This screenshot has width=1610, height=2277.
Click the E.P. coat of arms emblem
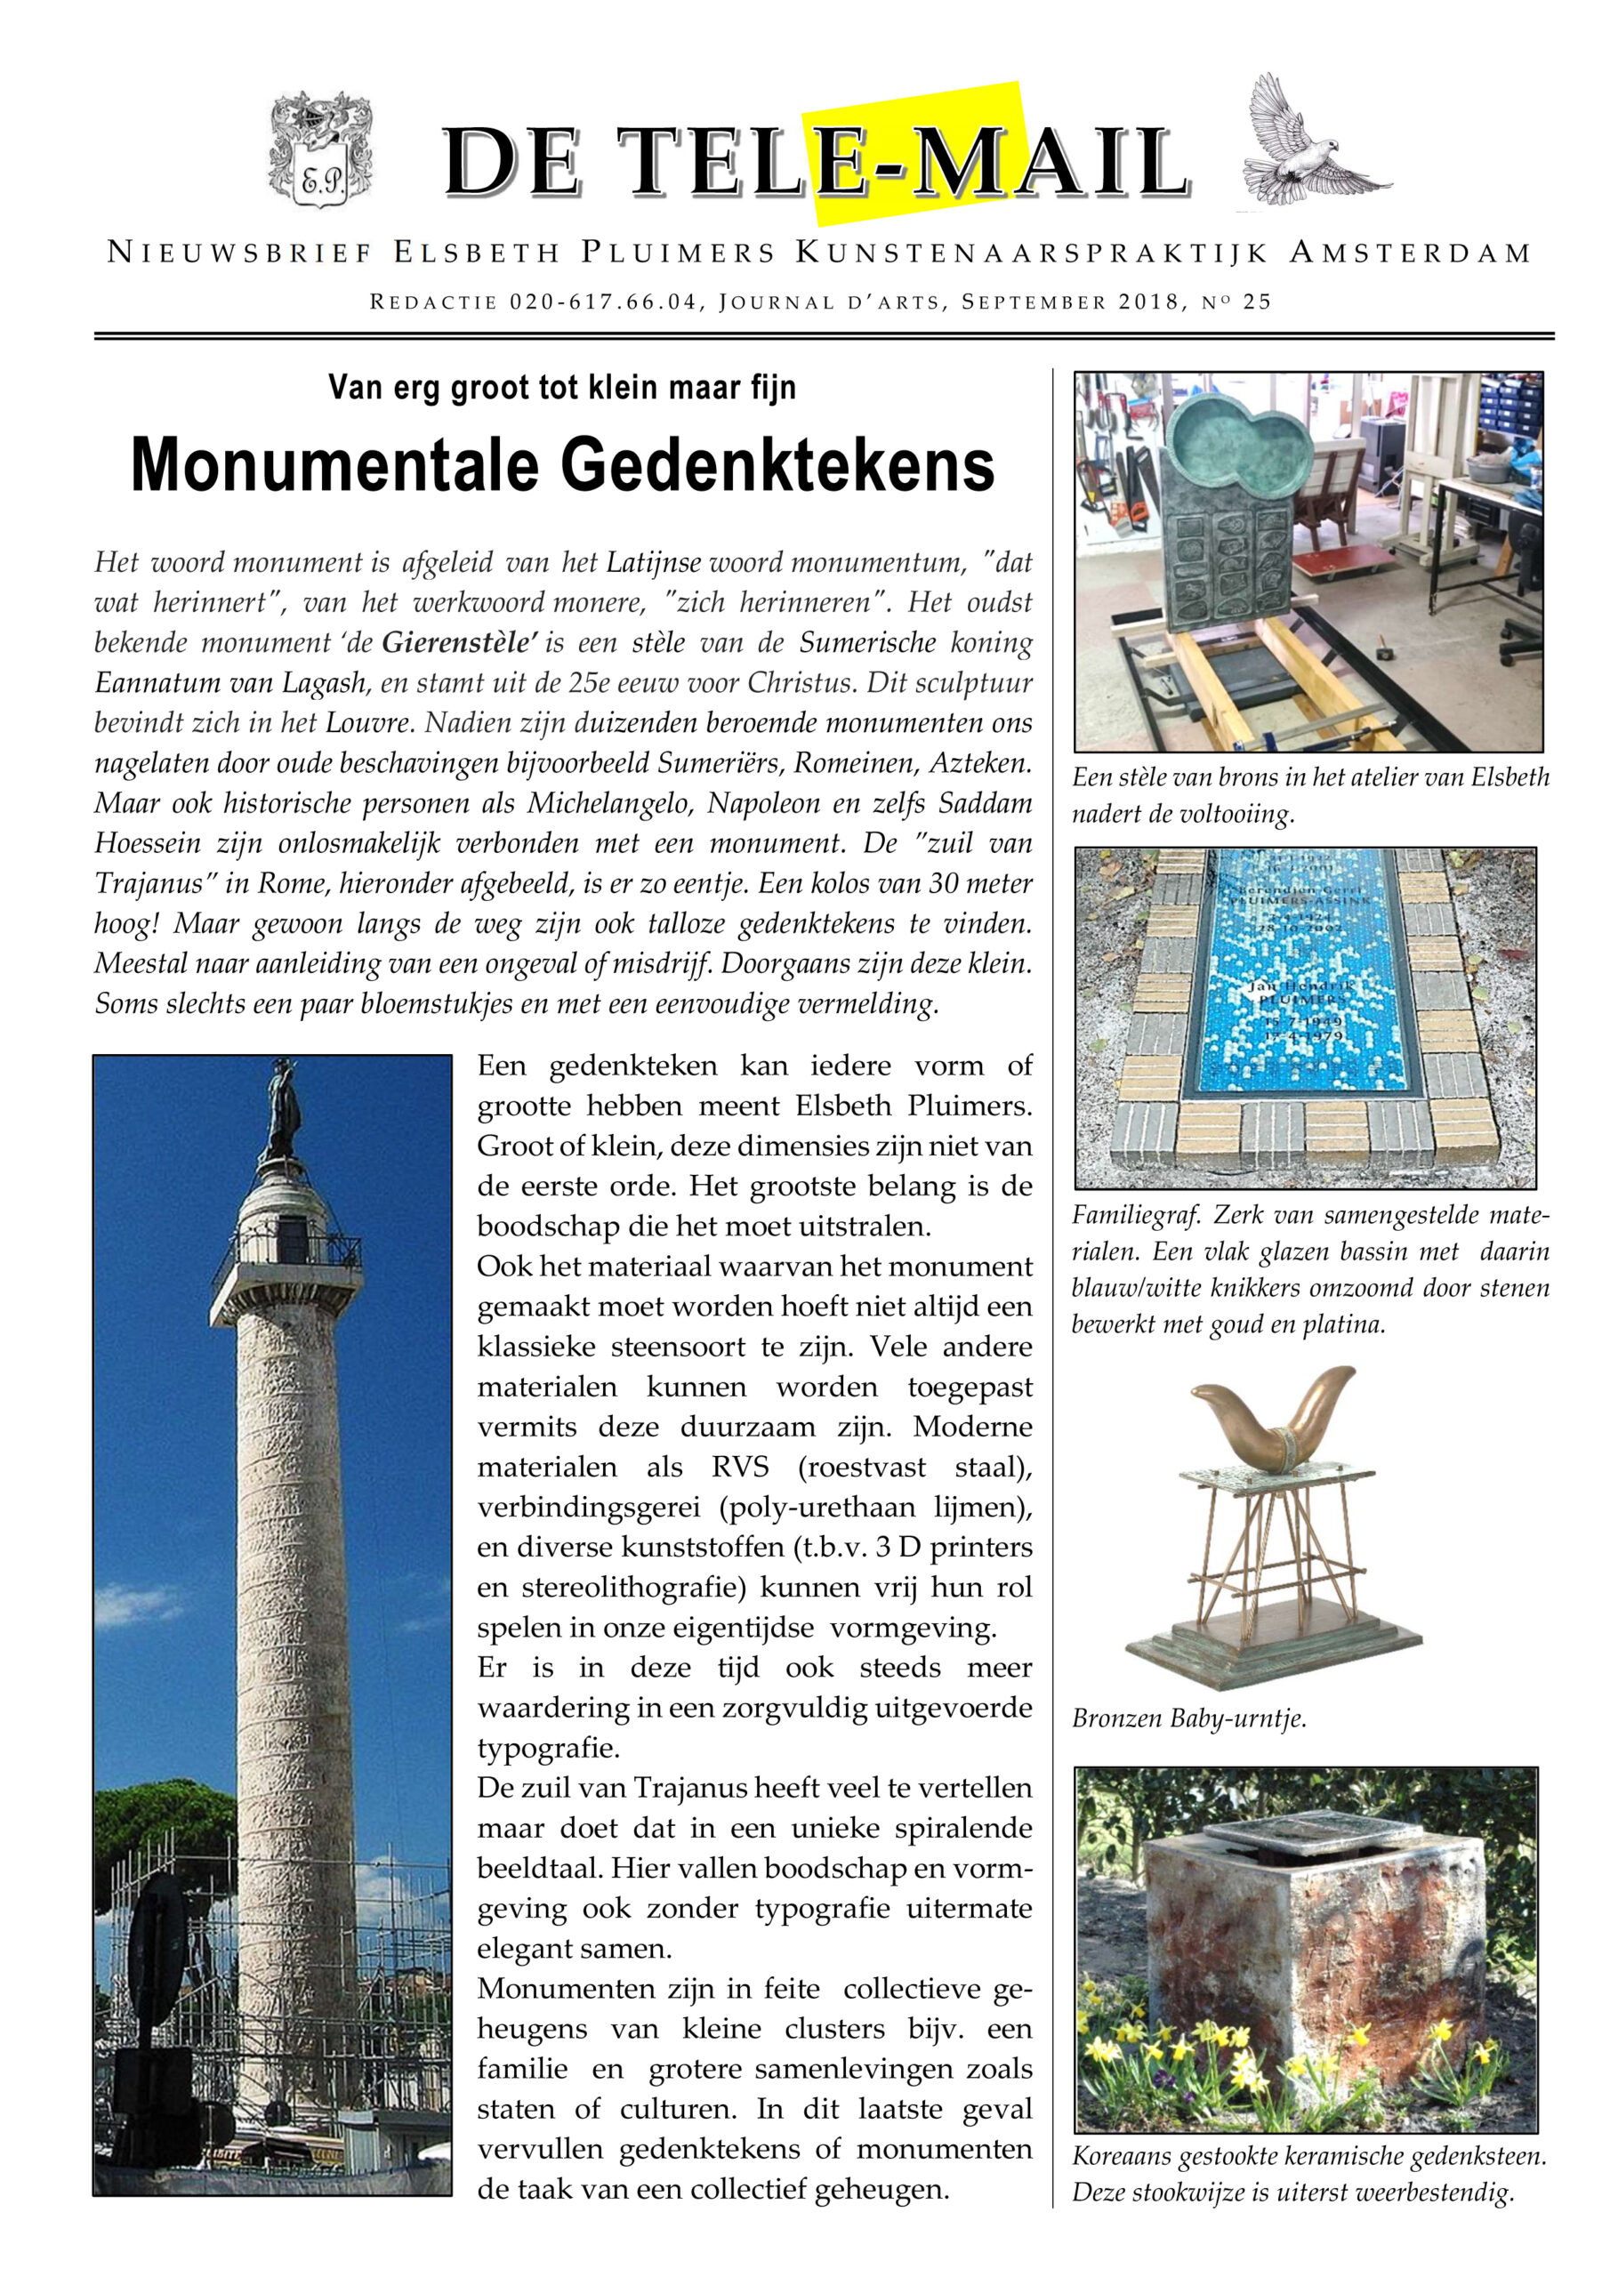click(x=320, y=150)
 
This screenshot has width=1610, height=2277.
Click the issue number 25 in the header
click(x=1257, y=302)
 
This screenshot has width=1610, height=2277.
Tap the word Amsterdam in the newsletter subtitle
click(x=1410, y=253)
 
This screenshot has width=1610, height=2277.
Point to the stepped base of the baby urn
click(x=1273, y=1649)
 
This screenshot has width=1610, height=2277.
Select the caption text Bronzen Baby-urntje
click(x=1188, y=1718)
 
